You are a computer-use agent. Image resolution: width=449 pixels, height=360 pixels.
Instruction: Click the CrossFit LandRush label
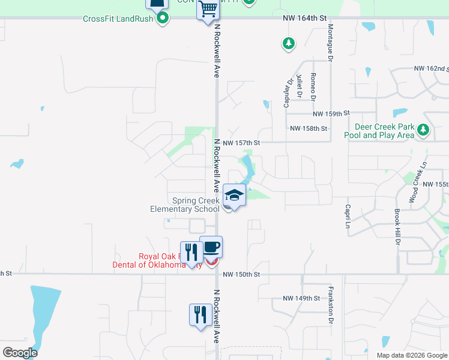(118, 19)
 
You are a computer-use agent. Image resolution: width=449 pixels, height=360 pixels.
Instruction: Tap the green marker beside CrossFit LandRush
(163, 19)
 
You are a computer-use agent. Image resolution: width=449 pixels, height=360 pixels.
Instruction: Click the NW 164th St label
(304, 19)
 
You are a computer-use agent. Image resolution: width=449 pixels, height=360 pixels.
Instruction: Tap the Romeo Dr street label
(313, 85)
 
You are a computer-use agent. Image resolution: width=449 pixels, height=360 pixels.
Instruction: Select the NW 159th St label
(331, 113)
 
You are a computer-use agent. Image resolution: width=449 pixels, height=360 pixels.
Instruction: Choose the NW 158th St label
(309, 128)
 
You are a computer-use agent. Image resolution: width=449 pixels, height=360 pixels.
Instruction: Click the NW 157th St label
(241, 143)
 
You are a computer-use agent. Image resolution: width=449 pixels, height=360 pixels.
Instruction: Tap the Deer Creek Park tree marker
(423, 129)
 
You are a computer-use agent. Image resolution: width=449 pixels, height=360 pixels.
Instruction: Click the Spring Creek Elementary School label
(185, 205)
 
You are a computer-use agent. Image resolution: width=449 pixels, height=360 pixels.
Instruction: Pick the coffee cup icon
(211, 247)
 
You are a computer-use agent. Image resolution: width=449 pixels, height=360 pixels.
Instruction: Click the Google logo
(20, 353)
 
